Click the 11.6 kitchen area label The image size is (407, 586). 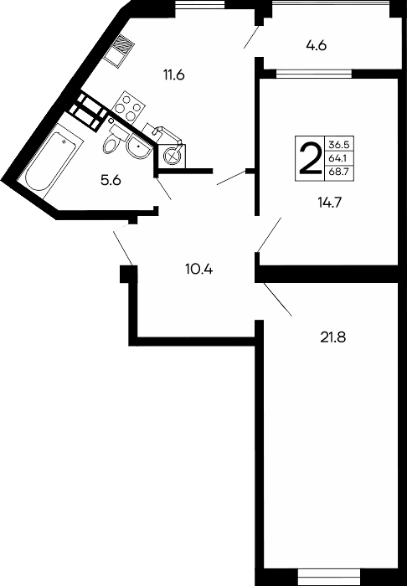pos(174,75)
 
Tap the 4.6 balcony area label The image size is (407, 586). pos(316,46)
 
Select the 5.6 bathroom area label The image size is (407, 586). pos(111,180)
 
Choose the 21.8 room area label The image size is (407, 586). pos(333,338)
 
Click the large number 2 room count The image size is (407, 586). pos(310,157)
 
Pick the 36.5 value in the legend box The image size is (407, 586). pos(340,144)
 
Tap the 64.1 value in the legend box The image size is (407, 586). pos(340,157)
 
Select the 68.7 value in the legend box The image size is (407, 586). pos(340,171)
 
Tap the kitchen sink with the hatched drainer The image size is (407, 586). pos(120,48)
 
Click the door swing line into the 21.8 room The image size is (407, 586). pos(277,301)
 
